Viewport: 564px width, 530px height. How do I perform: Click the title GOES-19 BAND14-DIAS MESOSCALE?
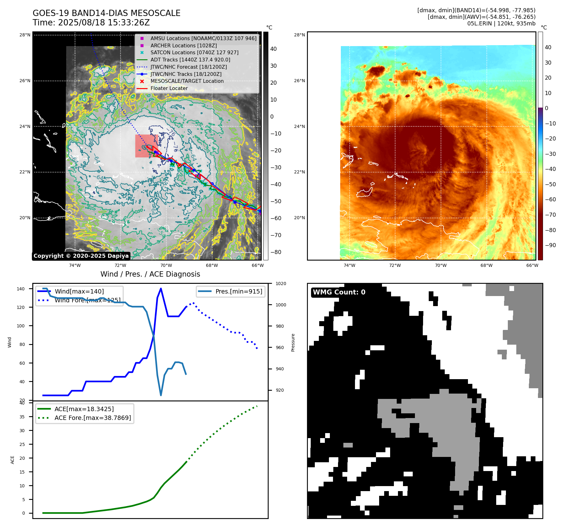click(106, 13)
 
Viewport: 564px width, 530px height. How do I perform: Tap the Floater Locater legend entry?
click(169, 88)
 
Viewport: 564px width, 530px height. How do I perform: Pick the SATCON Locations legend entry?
click(194, 52)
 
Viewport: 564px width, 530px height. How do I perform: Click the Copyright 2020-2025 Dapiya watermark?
click(81, 256)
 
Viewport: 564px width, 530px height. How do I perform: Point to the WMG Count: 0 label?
click(339, 292)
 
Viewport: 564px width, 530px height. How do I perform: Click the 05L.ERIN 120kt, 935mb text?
click(501, 24)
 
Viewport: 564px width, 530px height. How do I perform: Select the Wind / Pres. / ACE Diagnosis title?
click(150, 274)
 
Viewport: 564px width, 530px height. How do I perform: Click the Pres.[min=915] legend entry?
click(239, 291)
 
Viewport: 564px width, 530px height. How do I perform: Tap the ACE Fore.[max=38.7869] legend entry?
click(93, 418)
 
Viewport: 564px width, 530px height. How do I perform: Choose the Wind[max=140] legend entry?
click(79, 291)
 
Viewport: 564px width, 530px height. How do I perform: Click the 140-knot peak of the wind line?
click(161, 289)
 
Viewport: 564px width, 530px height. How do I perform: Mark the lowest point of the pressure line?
click(161, 395)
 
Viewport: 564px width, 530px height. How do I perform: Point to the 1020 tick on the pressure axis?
click(281, 284)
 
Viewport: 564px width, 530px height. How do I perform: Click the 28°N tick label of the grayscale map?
click(25, 35)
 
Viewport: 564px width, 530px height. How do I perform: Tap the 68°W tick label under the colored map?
click(486, 265)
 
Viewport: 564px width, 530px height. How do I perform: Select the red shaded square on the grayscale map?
click(146, 146)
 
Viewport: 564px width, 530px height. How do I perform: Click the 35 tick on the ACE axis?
click(22, 417)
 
